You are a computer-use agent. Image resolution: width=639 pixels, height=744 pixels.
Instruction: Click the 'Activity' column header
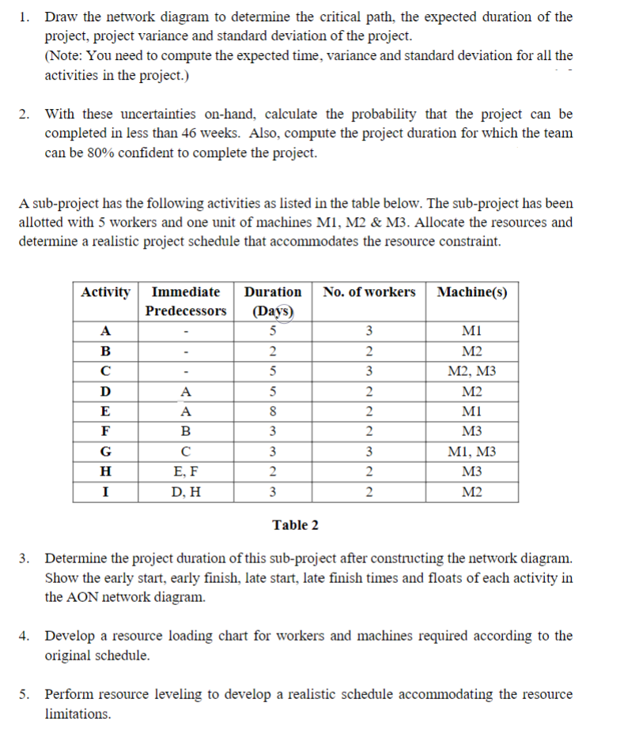pyautogui.click(x=105, y=292)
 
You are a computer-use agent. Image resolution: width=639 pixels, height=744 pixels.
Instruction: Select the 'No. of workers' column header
pyautogui.click(x=369, y=292)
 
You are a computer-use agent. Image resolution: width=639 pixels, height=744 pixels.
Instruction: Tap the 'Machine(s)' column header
pyautogui.click(x=472, y=292)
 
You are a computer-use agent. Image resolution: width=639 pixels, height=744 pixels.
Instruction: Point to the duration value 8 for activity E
pyautogui.click(x=272, y=411)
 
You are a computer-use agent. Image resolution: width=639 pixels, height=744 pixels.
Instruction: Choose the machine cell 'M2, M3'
pyautogui.click(x=472, y=370)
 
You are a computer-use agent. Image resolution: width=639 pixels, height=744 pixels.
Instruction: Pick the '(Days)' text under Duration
pyautogui.click(x=272, y=310)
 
